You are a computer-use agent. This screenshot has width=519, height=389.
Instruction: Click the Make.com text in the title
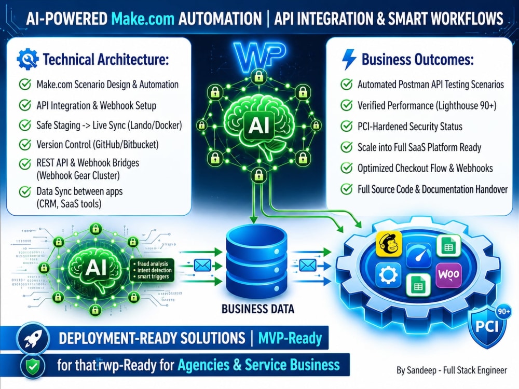tap(143, 19)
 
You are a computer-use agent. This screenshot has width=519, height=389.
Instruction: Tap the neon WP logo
tap(259, 57)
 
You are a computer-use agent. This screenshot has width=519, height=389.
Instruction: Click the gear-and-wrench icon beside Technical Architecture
tap(28, 59)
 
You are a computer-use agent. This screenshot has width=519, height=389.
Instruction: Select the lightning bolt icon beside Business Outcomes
tap(349, 60)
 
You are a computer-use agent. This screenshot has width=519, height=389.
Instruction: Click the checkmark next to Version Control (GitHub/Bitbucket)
tap(25, 144)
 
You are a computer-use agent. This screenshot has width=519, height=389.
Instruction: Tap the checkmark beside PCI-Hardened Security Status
tap(347, 126)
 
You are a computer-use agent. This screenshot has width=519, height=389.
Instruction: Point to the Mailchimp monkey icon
tap(389, 243)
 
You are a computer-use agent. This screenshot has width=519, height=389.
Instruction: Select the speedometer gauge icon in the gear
tap(418, 255)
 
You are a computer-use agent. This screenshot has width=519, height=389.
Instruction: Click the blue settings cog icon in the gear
tap(389, 275)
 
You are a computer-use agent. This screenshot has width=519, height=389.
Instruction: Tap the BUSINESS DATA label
tap(258, 309)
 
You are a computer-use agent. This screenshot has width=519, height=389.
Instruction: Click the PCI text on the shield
tap(487, 326)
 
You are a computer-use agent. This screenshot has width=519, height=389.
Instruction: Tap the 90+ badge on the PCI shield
tap(503, 312)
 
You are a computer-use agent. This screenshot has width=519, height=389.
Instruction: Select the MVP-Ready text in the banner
tap(290, 338)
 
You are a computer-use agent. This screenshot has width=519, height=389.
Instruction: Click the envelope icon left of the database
tap(202, 265)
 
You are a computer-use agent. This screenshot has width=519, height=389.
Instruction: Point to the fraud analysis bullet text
tap(153, 263)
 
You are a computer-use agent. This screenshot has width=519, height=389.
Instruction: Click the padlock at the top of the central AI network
tap(258, 77)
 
